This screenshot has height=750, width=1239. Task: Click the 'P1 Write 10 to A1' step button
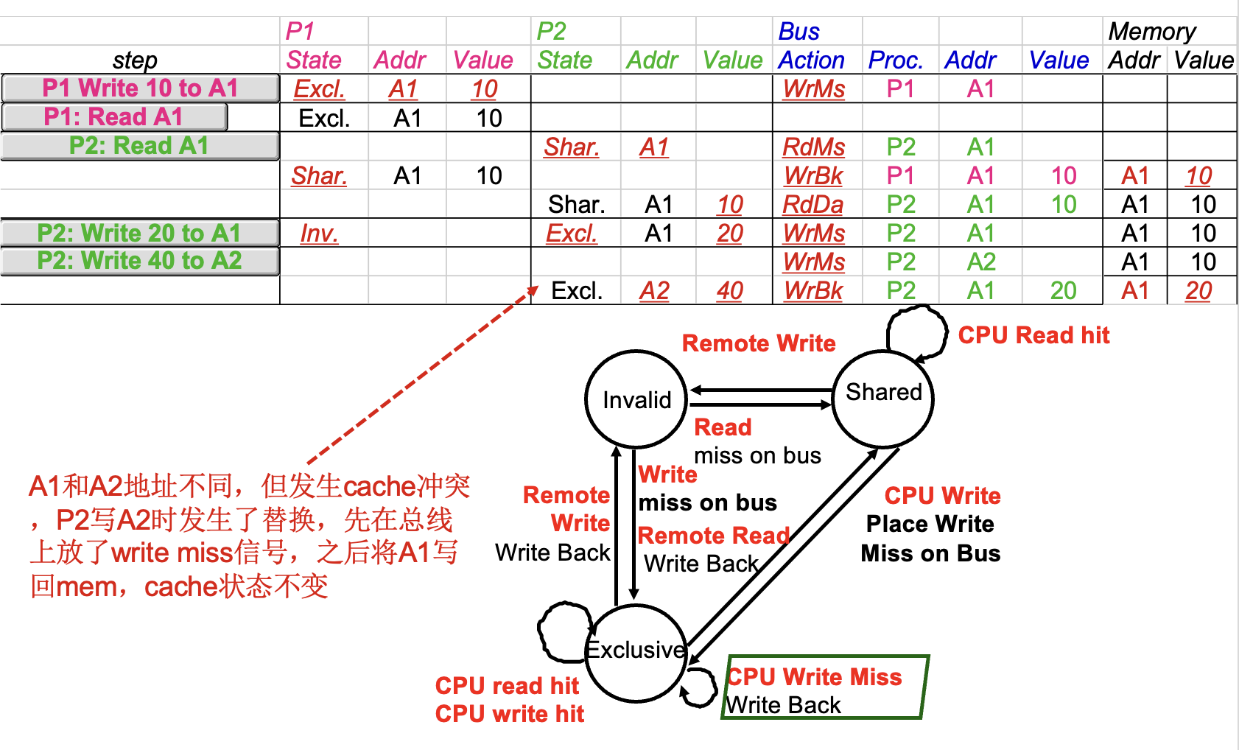click(140, 88)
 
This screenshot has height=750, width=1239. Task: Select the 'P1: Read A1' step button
click(114, 117)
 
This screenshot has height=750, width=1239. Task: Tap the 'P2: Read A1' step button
click(140, 146)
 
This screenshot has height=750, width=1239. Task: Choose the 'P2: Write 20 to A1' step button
click(140, 233)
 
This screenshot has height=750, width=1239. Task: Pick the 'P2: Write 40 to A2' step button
click(140, 261)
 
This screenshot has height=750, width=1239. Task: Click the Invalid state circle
click(636, 399)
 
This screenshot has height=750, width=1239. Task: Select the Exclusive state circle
click(636, 651)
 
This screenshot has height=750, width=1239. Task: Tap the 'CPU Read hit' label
click(1033, 335)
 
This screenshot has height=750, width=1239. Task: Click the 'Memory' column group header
click(1152, 32)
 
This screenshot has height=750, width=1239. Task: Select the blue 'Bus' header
click(798, 32)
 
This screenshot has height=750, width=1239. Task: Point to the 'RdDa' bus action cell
click(813, 204)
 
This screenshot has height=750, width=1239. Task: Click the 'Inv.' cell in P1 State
click(319, 234)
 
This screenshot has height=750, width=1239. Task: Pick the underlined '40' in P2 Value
click(730, 291)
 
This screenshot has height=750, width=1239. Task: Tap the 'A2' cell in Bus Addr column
click(981, 262)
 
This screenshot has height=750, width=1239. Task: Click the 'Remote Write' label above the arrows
click(759, 343)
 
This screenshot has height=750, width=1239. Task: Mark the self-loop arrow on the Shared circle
click(916, 332)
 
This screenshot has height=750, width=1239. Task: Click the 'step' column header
click(135, 60)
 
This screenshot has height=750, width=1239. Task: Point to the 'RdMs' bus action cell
click(813, 147)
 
